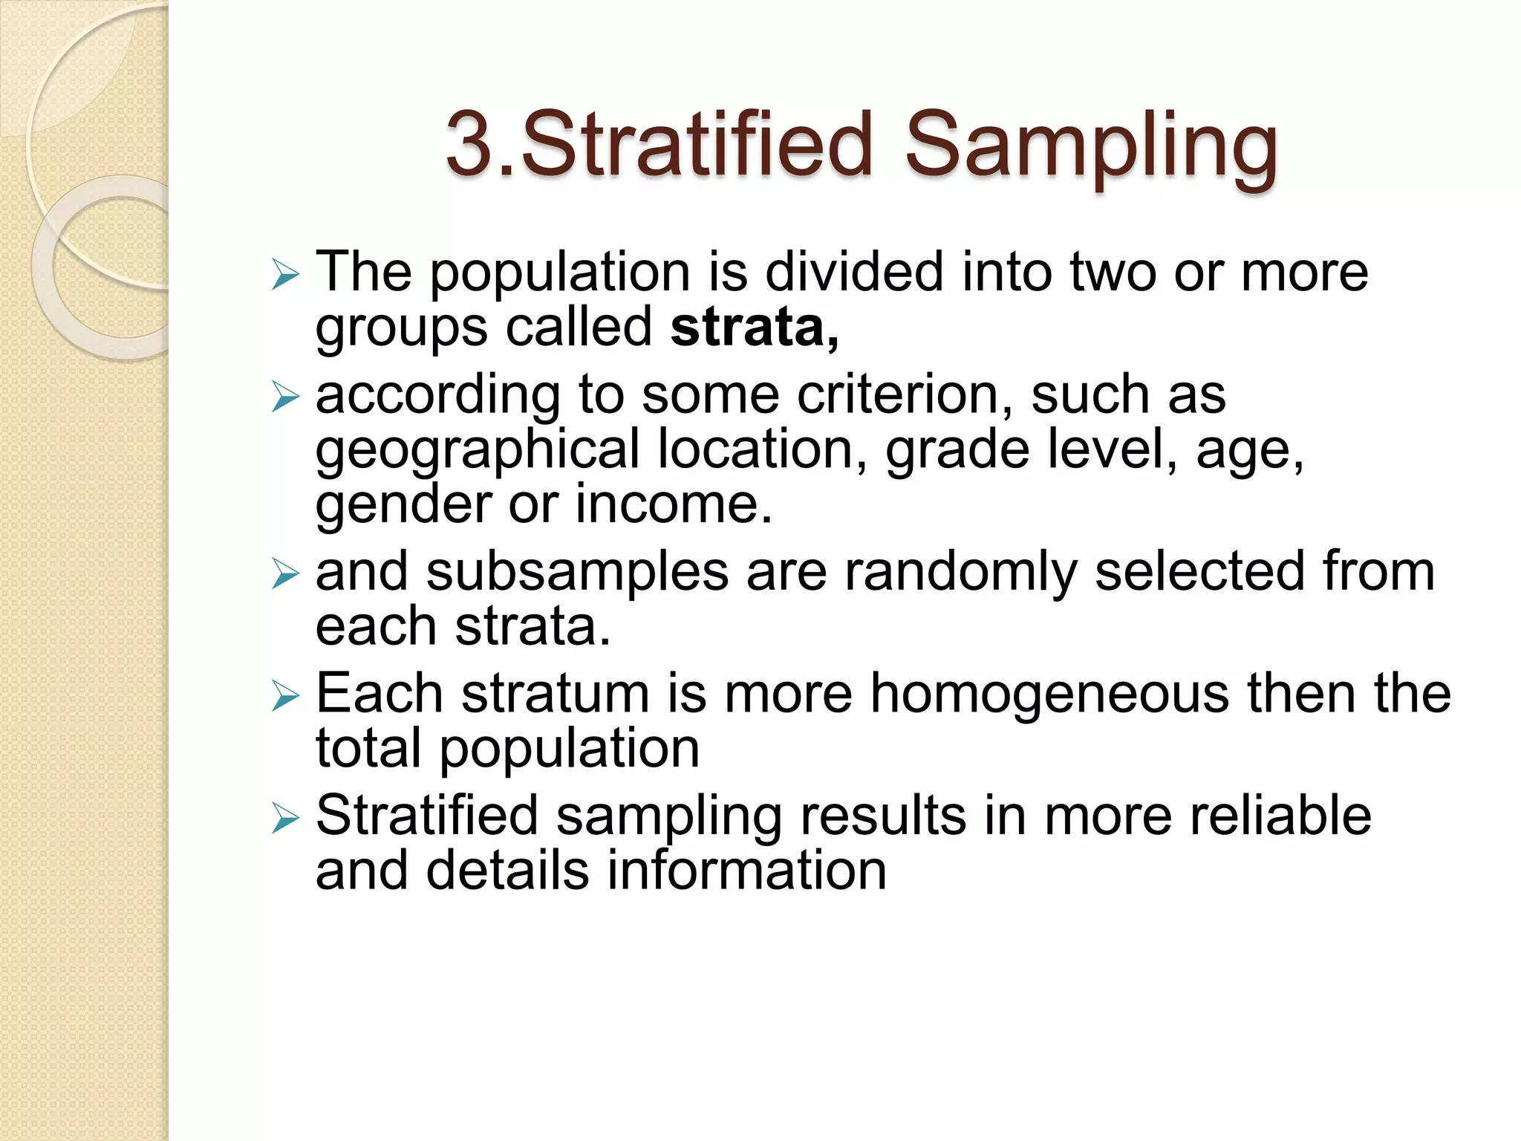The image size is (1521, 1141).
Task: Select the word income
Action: (x=673, y=504)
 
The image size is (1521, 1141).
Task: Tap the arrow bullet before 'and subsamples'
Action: (x=284, y=573)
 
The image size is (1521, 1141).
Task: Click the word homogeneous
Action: (x=1049, y=693)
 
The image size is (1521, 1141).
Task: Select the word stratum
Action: (x=556, y=693)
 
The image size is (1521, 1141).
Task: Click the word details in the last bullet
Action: (x=507, y=871)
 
